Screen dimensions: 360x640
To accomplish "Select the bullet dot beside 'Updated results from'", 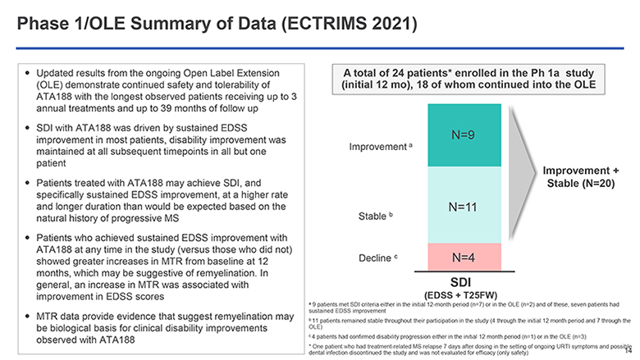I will click(29, 65).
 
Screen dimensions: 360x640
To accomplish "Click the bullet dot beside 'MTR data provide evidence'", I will click(29, 317).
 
